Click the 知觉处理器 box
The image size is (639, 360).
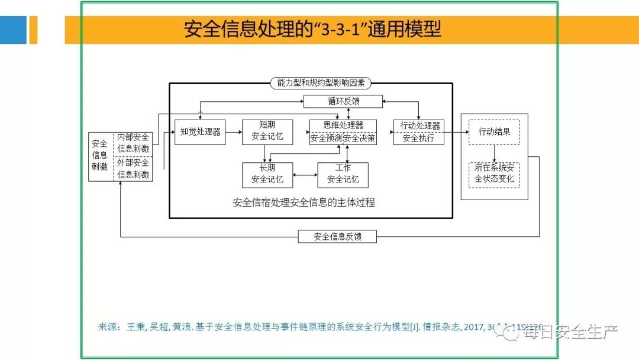200,132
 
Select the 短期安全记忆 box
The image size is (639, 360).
267,131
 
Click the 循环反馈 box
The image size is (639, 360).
343,101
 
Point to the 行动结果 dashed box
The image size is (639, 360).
494,132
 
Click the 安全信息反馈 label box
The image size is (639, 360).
337,237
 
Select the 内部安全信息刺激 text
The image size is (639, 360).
133,143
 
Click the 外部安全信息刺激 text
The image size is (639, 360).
133,169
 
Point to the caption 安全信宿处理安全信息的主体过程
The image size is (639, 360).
304,202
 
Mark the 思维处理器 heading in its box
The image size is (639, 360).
343,126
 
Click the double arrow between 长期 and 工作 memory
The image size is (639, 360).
305,175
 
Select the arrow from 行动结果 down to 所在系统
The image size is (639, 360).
494,153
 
